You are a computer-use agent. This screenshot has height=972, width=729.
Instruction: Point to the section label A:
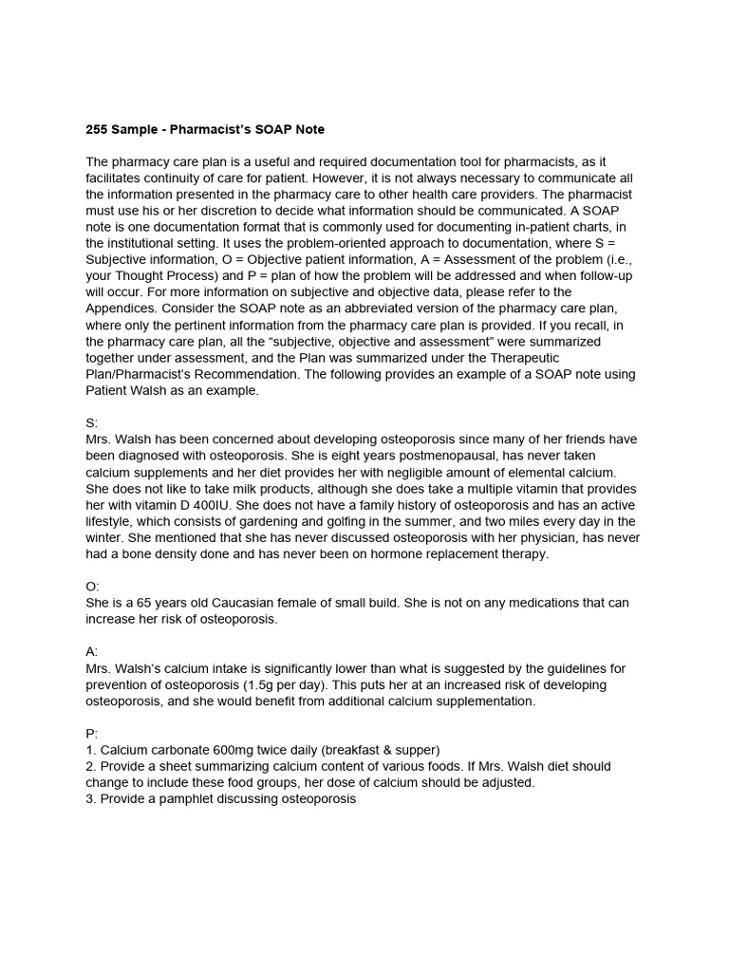pyautogui.click(x=92, y=652)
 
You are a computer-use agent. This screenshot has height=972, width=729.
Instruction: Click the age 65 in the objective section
pyautogui.click(x=137, y=603)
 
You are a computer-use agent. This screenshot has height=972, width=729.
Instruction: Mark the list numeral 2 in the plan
pyautogui.click(x=90, y=766)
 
